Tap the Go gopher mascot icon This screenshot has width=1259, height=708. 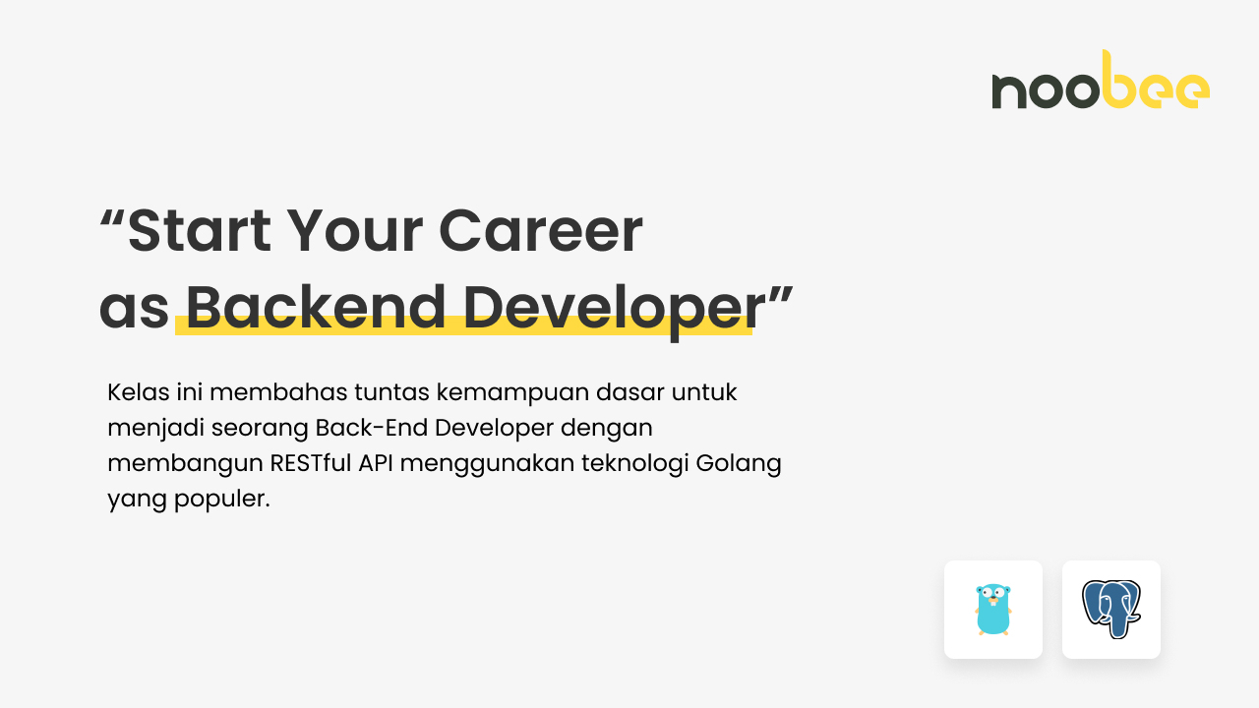993,610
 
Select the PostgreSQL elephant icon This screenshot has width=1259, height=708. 1111,610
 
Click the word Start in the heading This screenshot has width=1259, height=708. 200,230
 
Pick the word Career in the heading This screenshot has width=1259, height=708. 540,230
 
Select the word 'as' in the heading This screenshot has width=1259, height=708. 134,309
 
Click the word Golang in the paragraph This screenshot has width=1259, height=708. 739,463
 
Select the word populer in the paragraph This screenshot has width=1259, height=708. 220,500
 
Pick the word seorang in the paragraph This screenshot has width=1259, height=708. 261,429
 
